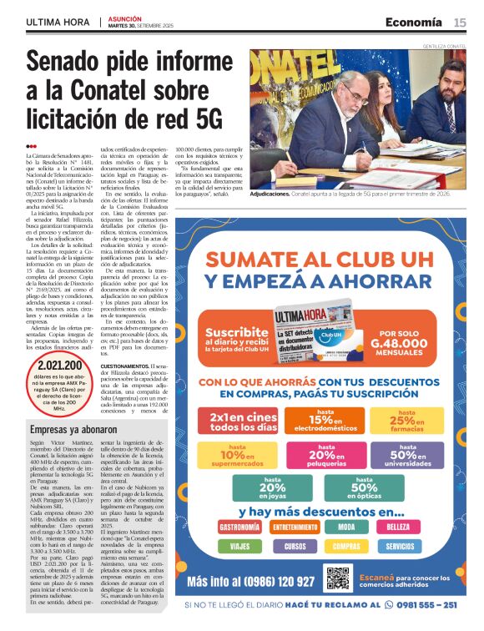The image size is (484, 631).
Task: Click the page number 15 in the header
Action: tap(460, 22)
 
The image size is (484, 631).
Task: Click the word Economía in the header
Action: tap(414, 22)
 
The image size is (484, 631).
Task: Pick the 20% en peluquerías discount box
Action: tap(321, 455)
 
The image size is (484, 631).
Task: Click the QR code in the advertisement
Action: tap(337, 578)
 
